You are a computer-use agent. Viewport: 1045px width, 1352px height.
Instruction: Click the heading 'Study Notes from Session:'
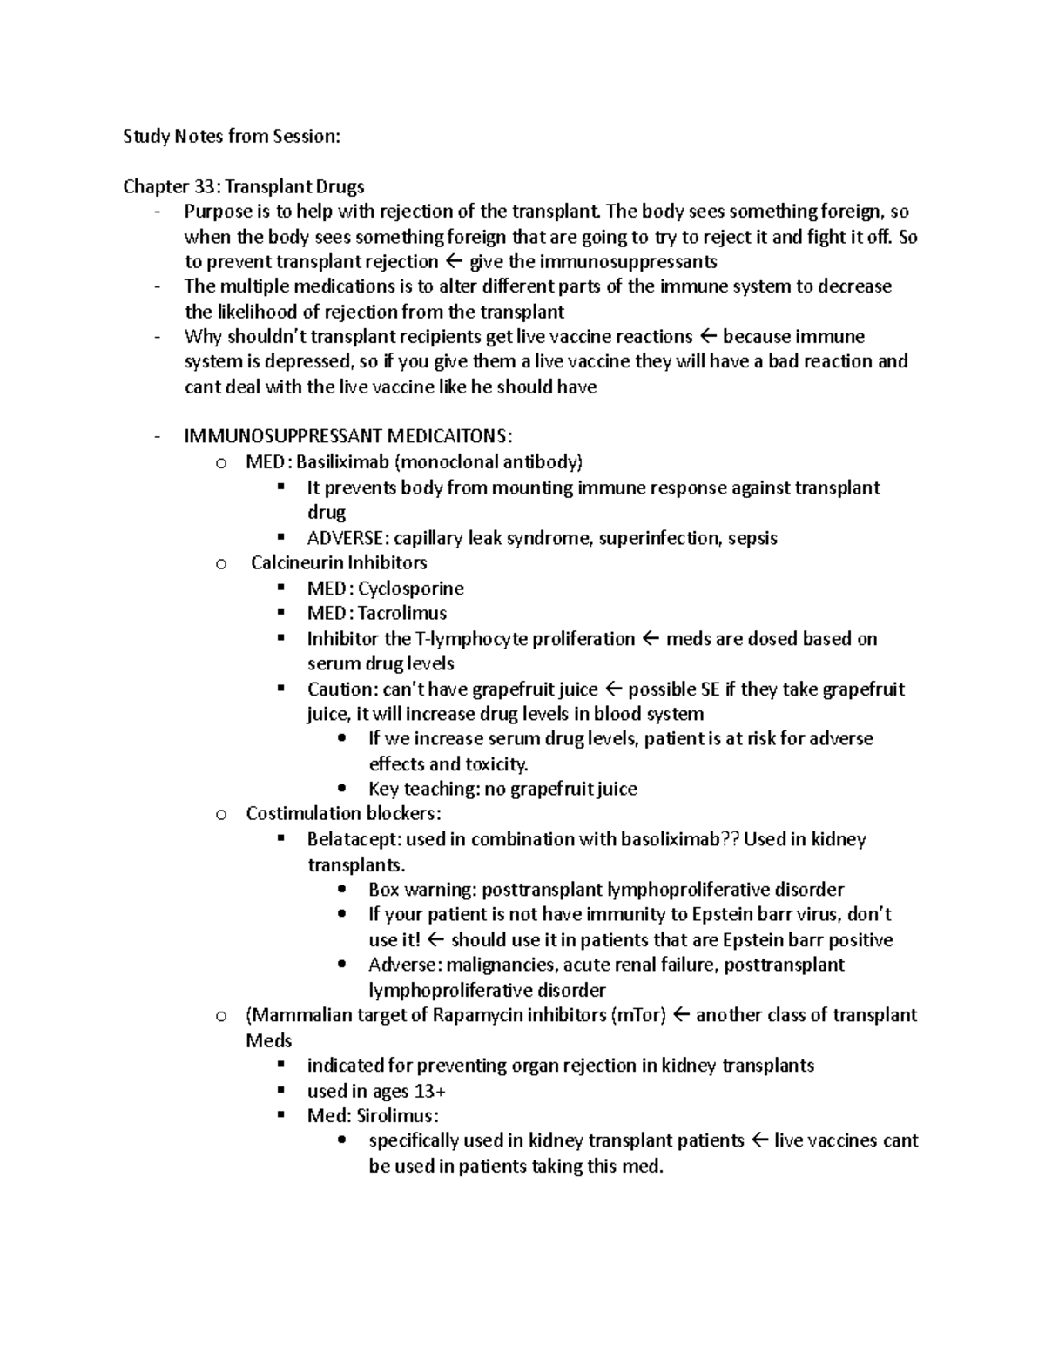232,136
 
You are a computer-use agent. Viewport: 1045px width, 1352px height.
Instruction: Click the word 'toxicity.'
496,764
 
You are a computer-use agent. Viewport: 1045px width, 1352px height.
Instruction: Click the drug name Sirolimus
397,1116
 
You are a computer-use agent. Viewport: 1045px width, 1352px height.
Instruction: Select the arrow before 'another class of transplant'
682,1015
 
